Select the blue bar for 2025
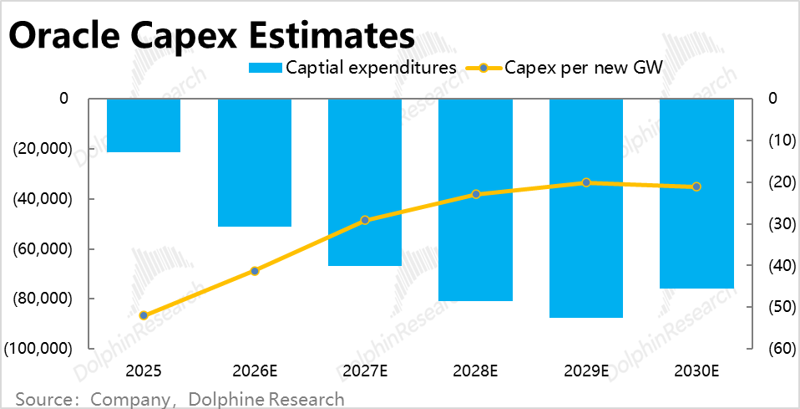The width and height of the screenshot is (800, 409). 144,125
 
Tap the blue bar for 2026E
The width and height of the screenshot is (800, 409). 255,162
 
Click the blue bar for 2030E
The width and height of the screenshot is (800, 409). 696,192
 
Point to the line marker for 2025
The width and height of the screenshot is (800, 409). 144,315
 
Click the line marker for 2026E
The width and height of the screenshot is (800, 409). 255,271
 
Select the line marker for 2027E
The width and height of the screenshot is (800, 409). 365,220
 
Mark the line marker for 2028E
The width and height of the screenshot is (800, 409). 476,194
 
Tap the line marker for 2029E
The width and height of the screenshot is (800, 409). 586,182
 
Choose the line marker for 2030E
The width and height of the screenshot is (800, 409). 696,187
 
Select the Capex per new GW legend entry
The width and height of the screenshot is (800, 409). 568,68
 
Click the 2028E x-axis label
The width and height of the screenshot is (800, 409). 476,370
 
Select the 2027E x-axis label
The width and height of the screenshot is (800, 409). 365,370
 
